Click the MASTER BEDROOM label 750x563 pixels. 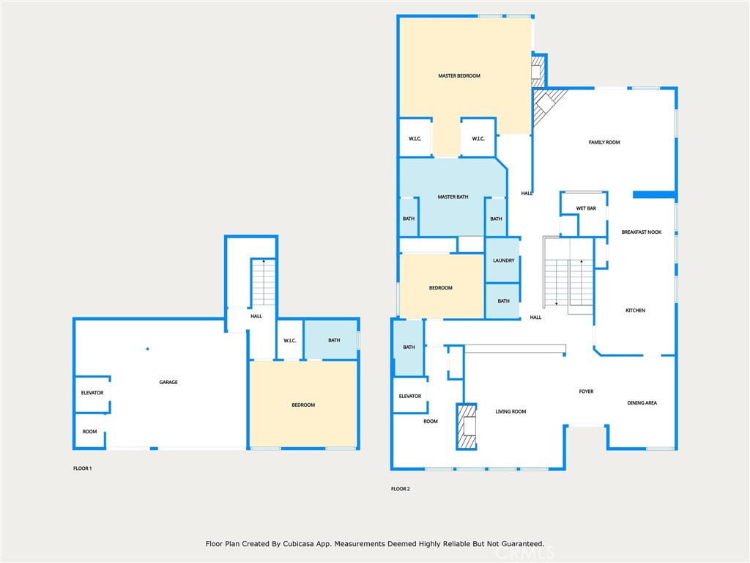pos(459,76)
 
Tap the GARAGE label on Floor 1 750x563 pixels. pos(168,382)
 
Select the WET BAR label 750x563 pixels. pos(586,208)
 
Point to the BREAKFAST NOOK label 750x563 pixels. pos(642,232)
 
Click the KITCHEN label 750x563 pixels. pos(635,310)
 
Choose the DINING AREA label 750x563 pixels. pos(642,402)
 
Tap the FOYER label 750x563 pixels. pos(586,391)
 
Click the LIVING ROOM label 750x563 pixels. pos(510,411)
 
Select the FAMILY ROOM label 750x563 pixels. pos(604,142)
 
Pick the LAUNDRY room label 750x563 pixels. pos(504,260)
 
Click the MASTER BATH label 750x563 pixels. pos(453,196)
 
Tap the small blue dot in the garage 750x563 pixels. pos(147,349)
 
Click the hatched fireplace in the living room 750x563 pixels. pos(467,427)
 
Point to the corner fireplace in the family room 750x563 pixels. pos(545,106)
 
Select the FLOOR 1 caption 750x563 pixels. pos(82,468)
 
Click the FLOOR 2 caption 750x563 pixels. pos(401,489)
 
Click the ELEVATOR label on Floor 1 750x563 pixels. pos(92,393)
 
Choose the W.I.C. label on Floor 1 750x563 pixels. pos(290,340)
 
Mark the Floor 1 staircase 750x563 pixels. pos(263,282)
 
